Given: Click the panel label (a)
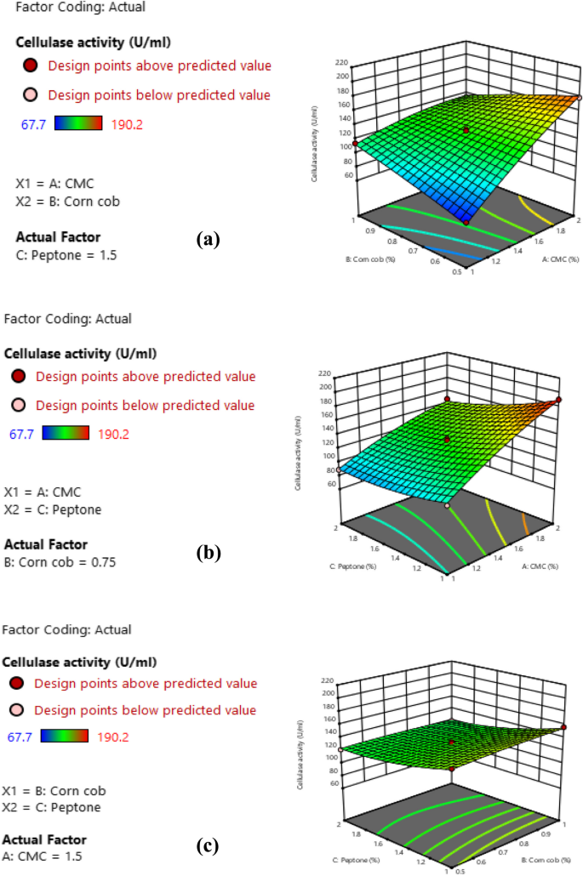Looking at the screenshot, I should (x=208, y=240).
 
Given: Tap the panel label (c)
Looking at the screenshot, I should (x=208, y=846).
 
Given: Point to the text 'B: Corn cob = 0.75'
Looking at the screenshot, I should (x=60, y=561).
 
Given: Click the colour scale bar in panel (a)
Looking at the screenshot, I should (x=78, y=123).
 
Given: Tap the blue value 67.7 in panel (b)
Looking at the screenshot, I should (x=20, y=434).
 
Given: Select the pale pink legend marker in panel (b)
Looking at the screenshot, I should (x=20, y=405).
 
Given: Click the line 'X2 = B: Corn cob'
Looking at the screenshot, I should (x=68, y=202).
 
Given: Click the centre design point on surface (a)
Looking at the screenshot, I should (x=466, y=129).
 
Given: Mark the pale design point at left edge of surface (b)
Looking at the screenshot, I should (x=339, y=469).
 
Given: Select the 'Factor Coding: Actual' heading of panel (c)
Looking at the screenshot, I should (x=67, y=630).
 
